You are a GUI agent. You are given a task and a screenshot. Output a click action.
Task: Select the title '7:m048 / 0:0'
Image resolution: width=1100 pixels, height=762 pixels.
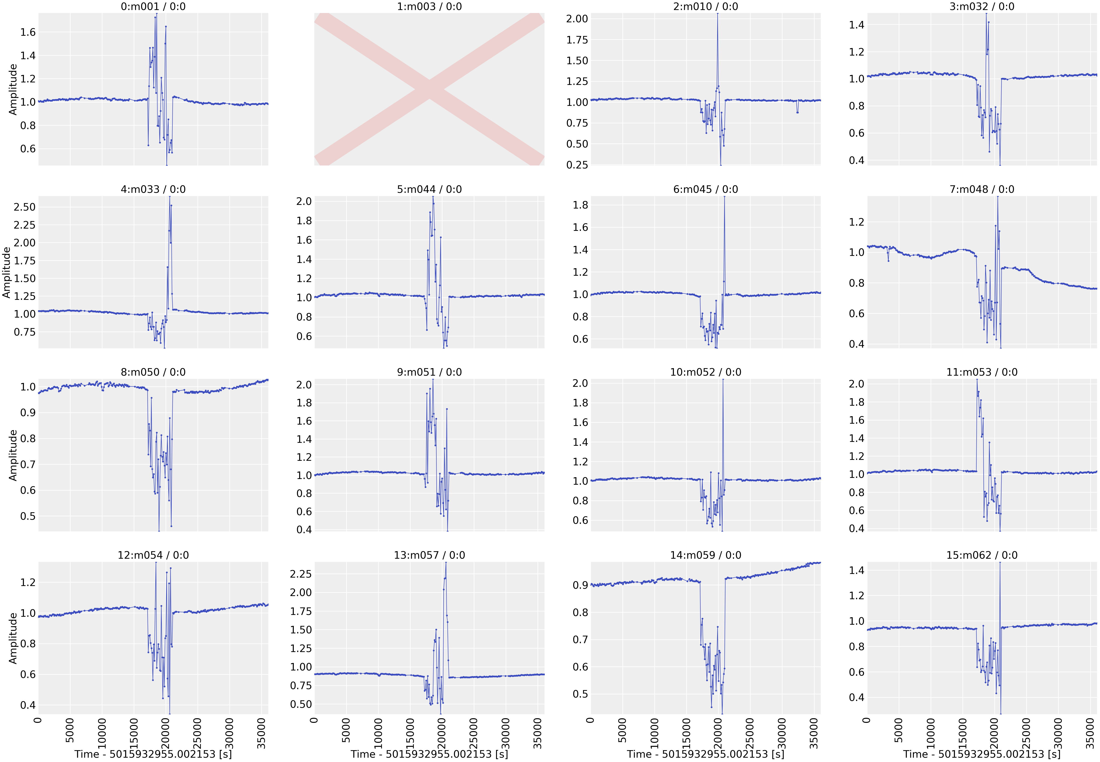(982, 190)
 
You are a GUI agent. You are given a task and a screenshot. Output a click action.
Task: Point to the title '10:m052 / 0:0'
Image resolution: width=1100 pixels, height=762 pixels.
(706, 372)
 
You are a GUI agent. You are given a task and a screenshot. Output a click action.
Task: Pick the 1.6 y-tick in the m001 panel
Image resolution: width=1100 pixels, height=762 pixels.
(28, 33)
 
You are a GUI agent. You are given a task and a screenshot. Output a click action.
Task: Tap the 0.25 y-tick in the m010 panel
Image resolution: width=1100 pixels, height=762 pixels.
(577, 165)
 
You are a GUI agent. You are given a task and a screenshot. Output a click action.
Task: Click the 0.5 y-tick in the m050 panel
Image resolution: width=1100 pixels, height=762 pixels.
(28, 516)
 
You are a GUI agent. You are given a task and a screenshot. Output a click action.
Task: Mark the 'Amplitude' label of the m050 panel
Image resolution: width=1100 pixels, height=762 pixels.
(13, 455)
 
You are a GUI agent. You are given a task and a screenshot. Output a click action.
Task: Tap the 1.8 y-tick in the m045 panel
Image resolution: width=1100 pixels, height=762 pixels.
(580, 205)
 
